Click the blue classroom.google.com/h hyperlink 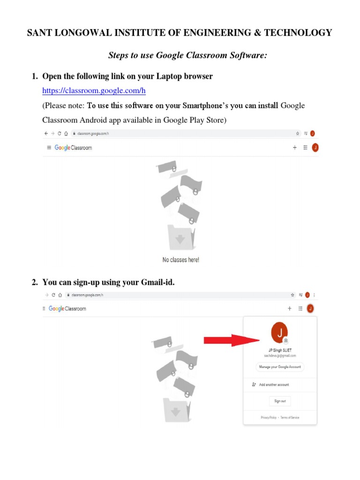91,90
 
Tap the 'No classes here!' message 181,260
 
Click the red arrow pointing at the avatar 232,340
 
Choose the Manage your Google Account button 280,367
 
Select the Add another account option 274,384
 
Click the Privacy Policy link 269,417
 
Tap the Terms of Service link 290,417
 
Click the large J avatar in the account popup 280,333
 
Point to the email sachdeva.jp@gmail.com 280,356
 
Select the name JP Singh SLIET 280,350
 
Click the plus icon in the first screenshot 295,148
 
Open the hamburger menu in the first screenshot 49,148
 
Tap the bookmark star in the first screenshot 297,134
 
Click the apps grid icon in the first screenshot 305,148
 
